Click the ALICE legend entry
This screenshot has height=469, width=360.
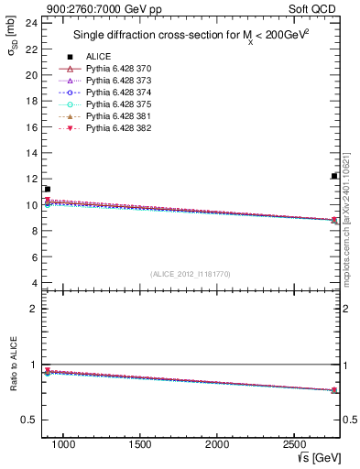point(98,56)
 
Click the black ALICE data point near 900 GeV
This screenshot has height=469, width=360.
point(48,189)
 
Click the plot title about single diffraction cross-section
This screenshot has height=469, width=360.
point(190,36)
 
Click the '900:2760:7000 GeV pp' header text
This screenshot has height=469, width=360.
point(89,7)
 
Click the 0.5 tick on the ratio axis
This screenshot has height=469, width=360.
point(29,420)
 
